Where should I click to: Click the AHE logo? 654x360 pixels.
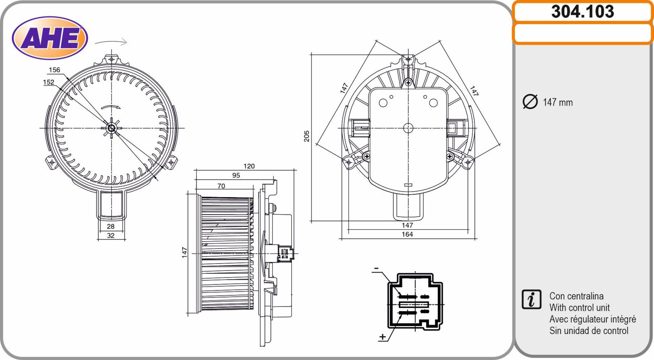[x=50, y=38]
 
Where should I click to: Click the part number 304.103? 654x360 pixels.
[x=583, y=12]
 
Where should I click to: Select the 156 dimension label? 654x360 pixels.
[x=54, y=70]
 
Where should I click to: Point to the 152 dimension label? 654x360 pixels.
[x=49, y=82]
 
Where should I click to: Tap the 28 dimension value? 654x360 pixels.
[x=111, y=226]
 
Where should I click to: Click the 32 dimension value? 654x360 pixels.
[x=111, y=235]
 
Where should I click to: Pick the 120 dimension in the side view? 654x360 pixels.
[x=249, y=166]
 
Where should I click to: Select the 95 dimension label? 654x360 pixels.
[x=236, y=175]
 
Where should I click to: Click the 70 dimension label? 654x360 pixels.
[x=221, y=186]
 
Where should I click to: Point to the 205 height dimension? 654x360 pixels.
[x=307, y=136]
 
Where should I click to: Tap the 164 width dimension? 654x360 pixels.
[x=407, y=234]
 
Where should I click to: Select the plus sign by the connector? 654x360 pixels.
[x=382, y=337]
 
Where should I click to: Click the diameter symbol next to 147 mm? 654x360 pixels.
[x=530, y=102]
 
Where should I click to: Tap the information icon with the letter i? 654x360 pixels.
[x=531, y=300]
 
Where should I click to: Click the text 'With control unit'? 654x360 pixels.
[x=580, y=307]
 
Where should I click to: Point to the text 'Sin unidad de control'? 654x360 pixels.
[x=589, y=331]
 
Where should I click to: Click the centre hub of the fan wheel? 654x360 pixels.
[x=111, y=128]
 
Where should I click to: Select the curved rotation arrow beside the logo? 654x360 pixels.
[x=111, y=42]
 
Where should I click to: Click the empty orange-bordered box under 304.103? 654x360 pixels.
[x=583, y=33]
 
